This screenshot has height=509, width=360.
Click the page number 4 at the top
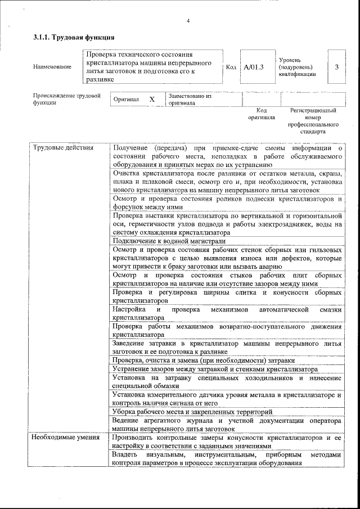tap(188, 21)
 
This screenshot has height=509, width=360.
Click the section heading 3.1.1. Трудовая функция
tap(73, 38)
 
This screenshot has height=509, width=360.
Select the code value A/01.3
tap(254, 67)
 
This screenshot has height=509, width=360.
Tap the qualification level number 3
tap(336, 67)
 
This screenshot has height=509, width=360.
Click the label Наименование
tap(52, 67)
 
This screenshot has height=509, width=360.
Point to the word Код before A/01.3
tap(231, 67)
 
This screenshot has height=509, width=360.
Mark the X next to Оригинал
tap(151, 99)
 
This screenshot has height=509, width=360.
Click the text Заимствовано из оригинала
tap(190, 100)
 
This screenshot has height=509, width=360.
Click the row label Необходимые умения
tap(65, 437)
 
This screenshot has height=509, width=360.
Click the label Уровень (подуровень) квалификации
tap(297, 67)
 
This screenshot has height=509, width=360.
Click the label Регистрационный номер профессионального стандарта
tap(313, 121)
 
